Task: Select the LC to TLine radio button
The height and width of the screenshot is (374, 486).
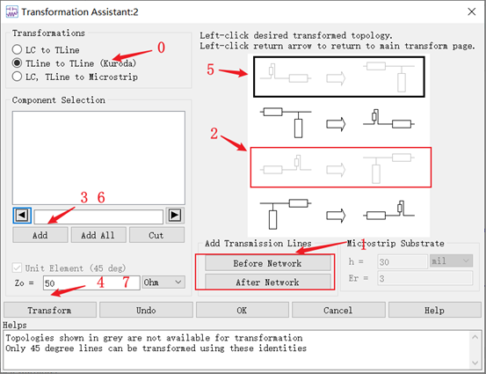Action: [17, 49]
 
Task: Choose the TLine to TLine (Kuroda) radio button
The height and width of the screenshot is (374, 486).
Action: [17, 63]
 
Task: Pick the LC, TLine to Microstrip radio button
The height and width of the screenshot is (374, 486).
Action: [17, 77]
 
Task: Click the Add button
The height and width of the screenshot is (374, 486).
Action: [40, 235]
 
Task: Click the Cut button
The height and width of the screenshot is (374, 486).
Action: [156, 235]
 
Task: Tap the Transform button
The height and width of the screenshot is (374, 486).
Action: [50, 310]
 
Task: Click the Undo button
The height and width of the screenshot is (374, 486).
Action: [146, 310]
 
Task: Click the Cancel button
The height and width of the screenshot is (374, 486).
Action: [338, 310]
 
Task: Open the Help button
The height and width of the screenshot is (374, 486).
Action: [434, 310]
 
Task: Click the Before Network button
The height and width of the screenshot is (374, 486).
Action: [267, 263]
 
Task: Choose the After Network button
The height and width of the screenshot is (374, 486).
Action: [267, 282]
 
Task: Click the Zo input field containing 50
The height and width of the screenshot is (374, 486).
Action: [91, 282]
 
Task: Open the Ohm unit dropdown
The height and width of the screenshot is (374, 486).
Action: [163, 282]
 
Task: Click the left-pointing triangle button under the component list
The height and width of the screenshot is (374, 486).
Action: [22, 216]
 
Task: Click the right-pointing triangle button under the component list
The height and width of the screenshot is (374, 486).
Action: [175, 216]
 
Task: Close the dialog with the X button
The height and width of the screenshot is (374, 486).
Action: [471, 11]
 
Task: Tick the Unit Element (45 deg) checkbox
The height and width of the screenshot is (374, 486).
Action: [17, 268]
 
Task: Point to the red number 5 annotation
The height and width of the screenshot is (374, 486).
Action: [210, 70]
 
